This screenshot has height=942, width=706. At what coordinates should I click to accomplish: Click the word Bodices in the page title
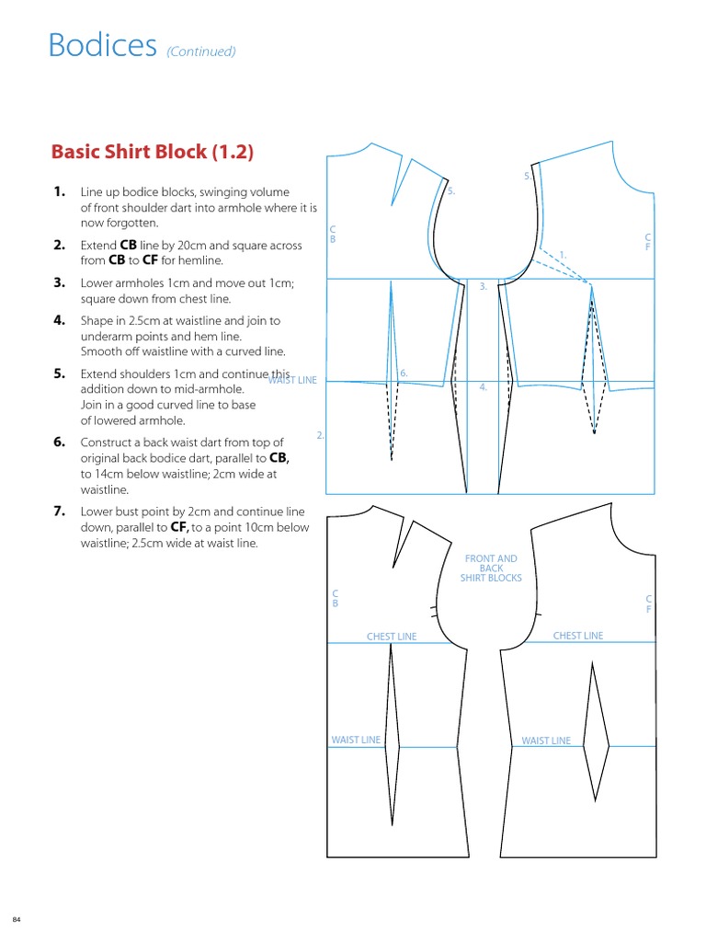click(102, 45)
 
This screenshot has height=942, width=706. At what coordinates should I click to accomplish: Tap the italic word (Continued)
click(201, 52)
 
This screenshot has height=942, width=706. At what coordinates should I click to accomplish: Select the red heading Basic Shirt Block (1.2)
click(151, 151)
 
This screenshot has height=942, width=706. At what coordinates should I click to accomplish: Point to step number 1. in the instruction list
click(60, 192)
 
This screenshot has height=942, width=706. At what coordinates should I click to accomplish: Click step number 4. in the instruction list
click(60, 321)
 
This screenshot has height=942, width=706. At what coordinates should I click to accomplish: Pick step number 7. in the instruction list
click(60, 511)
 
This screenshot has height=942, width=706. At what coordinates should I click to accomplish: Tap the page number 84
click(16, 921)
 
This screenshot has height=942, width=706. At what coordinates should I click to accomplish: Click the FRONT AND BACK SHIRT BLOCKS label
click(492, 569)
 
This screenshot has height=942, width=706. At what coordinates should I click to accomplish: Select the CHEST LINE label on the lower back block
click(392, 637)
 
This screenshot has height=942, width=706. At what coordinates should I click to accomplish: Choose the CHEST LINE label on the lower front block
click(578, 636)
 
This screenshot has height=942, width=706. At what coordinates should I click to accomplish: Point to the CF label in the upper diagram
click(648, 242)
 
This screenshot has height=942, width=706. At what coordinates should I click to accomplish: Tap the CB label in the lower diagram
click(335, 599)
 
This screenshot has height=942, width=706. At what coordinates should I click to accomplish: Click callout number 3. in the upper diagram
click(483, 287)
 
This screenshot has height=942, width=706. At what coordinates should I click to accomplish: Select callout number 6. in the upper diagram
click(404, 373)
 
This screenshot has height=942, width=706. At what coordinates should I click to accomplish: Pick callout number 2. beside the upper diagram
click(320, 434)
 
